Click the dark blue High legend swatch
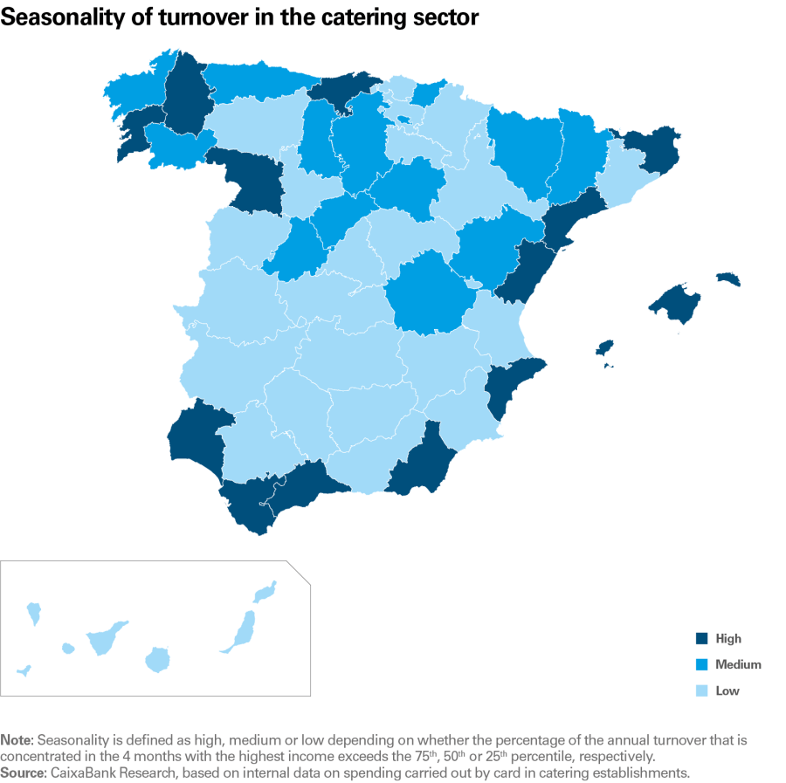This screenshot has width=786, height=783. (x=702, y=638)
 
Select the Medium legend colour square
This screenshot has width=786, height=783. (x=702, y=664)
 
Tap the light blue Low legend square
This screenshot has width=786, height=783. (x=702, y=690)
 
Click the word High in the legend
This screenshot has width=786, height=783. (x=727, y=638)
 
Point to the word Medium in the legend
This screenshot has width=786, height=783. (x=738, y=664)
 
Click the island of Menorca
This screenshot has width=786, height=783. (x=727, y=279)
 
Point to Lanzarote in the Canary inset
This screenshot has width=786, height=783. (x=265, y=592)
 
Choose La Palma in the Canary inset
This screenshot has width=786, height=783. (x=34, y=612)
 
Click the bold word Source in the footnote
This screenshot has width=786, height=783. (x=23, y=772)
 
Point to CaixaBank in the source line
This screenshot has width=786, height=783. (x=84, y=772)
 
